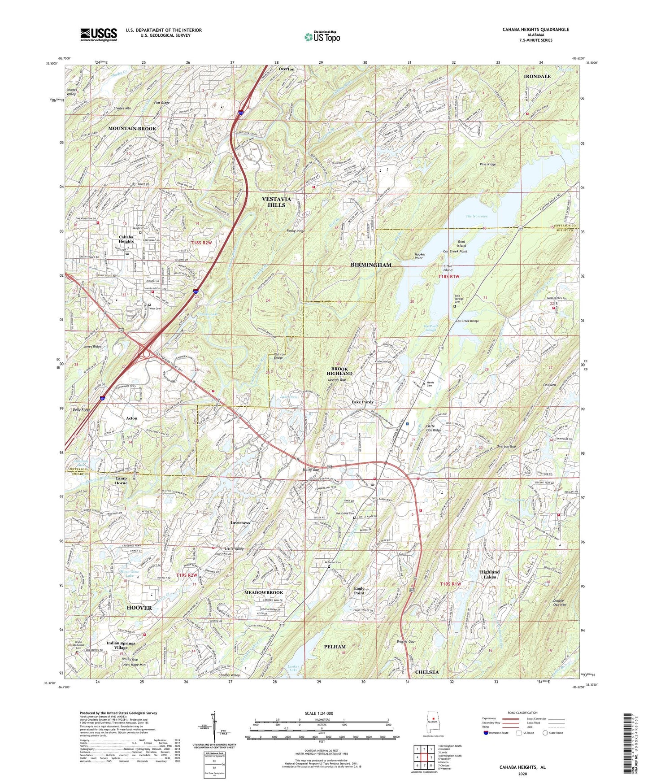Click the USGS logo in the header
(x=99, y=34)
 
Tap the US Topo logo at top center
(x=322, y=37)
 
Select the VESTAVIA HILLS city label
(x=276, y=202)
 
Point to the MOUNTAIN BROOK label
(x=132, y=129)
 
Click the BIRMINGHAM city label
(x=371, y=265)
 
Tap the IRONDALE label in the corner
(x=537, y=77)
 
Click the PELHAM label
(x=335, y=647)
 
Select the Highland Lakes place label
(x=489, y=574)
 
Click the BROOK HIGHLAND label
(x=339, y=371)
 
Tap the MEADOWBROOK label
(x=264, y=592)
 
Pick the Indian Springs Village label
(x=121, y=645)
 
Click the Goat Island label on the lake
(x=461, y=244)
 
